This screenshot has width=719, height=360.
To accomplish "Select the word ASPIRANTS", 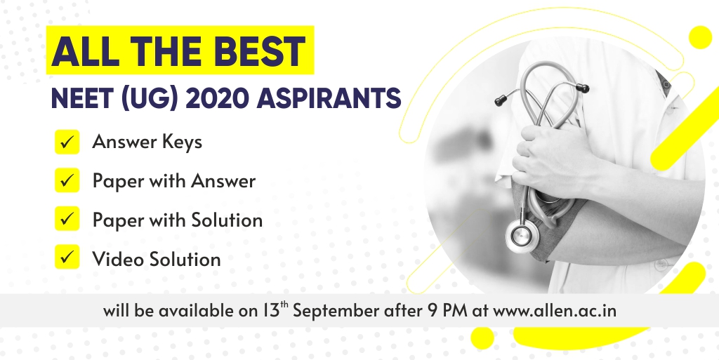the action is (329, 98).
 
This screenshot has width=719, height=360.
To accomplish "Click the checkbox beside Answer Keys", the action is (67, 142).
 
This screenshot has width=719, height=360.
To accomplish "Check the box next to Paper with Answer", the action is (67, 180).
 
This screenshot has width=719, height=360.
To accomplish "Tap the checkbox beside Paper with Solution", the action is (67, 218).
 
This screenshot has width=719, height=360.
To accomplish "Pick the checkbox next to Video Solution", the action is (67, 257).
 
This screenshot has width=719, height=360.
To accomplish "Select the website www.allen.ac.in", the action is (555, 311).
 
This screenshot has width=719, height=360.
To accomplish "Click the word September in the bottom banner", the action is (336, 312).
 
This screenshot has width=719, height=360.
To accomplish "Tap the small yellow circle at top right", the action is (700, 37).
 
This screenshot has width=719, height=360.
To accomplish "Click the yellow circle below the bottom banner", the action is (482, 338).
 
